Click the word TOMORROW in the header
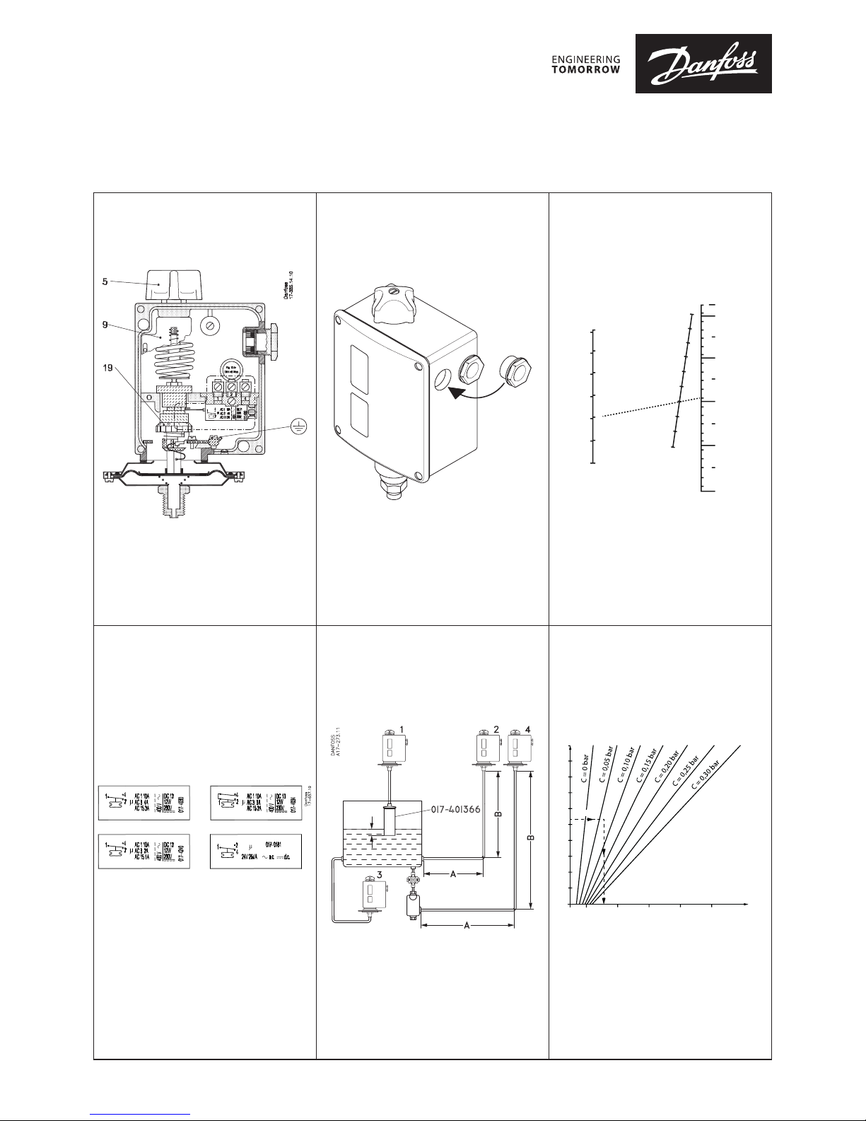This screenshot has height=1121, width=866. pyautogui.click(x=585, y=69)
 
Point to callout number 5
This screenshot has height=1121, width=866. pyautogui.click(x=106, y=280)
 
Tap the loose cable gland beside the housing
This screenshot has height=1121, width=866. pyautogui.click(x=515, y=371)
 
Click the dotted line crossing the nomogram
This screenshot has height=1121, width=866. pyautogui.click(x=650, y=407)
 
